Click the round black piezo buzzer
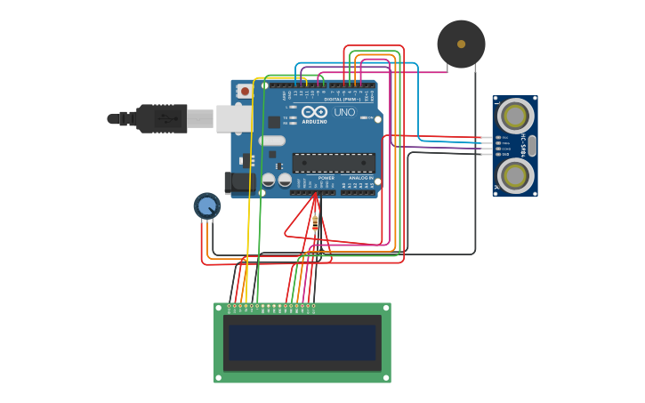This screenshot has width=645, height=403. pyautogui.click(x=461, y=44)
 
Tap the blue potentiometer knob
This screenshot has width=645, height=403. pyautogui.click(x=207, y=206)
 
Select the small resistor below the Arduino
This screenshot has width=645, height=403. pyautogui.click(x=315, y=222)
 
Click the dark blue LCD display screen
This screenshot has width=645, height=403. pyautogui.click(x=302, y=343)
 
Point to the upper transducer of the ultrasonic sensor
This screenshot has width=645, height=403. pyautogui.click(x=515, y=116)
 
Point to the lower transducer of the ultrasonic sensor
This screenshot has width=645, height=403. pyautogui.click(x=515, y=175)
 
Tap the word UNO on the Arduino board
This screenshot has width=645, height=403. pyautogui.click(x=344, y=113)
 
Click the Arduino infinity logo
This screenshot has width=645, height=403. pyautogui.click(x=314, y=113)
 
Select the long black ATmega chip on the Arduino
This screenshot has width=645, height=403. pyautogui.click(x=334, y=163)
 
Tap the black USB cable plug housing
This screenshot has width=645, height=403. pyautogui.click(x=161, y=118)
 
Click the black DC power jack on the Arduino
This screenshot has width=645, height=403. pyautogui.click(x=238, y=183)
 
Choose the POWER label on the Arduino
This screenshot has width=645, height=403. pyautogui.click(x=327, y=178)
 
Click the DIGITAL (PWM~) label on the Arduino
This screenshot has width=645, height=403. pyautogui.click(x=343, y=100)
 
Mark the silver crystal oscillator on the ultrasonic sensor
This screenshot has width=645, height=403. pyautogui.click(x=532, y=146)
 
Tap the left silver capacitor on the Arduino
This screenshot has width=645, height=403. pyautogui.click(x=268, y=180)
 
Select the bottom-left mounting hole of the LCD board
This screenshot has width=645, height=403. pyautogui.click(x=217, y=379)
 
